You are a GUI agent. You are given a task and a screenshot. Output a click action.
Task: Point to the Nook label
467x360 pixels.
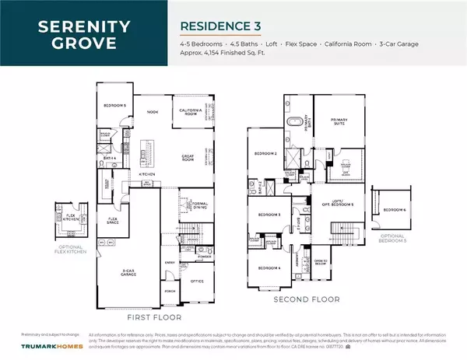click(153, 112)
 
